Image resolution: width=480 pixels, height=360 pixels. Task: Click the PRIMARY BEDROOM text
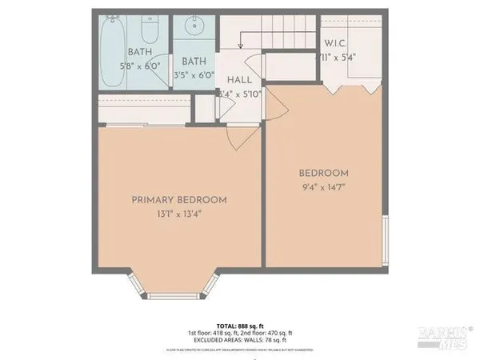click(179, 200)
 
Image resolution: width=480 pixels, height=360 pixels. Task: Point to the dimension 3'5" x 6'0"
click(194, 75)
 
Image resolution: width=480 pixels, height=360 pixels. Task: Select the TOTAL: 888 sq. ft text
click(240, 326)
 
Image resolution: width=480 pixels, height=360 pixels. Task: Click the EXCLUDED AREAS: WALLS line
click(240, 340)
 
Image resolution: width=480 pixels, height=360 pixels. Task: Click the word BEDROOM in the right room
click(324, 174)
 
